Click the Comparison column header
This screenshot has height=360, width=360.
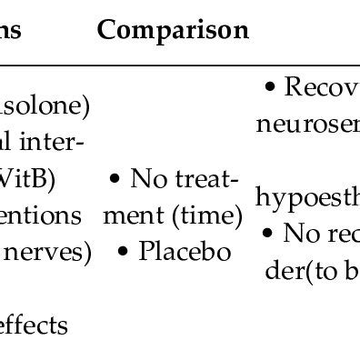[x=173, y=31]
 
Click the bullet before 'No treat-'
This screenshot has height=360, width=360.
[x=115, y=179]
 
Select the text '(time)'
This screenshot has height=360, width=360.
[x=211, y=215]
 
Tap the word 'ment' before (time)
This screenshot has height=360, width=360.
[x=142, y=215]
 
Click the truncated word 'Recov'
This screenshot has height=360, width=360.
[x=322, y=87]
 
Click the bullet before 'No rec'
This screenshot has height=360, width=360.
[x=266, y=234]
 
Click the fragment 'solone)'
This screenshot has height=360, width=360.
[x=45, y=106]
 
